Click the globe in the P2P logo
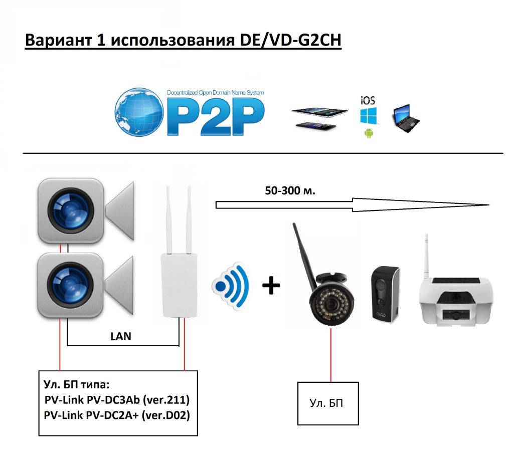pos(139,112)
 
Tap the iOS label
pos(368,100)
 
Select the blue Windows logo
pos(369,116)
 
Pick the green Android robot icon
pos(369,133)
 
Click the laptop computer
pos(406,118)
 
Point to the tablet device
pos(319,112)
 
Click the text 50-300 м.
pos(290,191)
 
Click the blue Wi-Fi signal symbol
pos(231,286)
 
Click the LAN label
pos(121,336)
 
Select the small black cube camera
pos(385,294)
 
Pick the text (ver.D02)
pos(165,415)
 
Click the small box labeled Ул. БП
pos(328,403)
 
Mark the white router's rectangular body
pos(179,285)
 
